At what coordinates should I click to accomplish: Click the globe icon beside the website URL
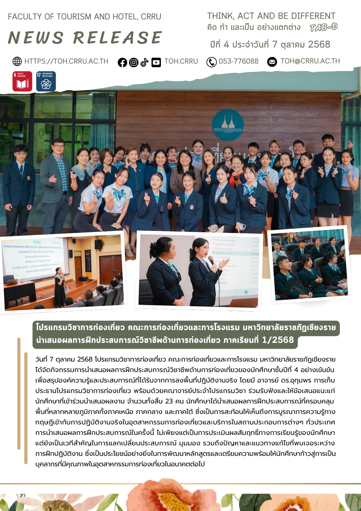(17, 61)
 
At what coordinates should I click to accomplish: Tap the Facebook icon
(122, 62)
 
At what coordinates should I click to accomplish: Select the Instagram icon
(134, 62)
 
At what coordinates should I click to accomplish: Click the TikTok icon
(145, 62)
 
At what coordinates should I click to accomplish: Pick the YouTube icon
(156, 62)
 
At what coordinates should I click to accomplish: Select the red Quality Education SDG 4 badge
(22, 81)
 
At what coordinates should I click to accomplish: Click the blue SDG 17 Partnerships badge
(46, 81)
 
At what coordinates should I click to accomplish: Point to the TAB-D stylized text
(323, 27)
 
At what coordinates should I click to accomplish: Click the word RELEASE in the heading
(117, 38)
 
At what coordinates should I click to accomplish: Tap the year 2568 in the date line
(319, 44)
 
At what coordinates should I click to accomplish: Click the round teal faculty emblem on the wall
(228, 125)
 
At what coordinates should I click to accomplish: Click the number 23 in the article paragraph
(169, 401)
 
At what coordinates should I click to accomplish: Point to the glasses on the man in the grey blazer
(58, 146)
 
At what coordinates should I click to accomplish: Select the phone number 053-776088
(238, 61)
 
